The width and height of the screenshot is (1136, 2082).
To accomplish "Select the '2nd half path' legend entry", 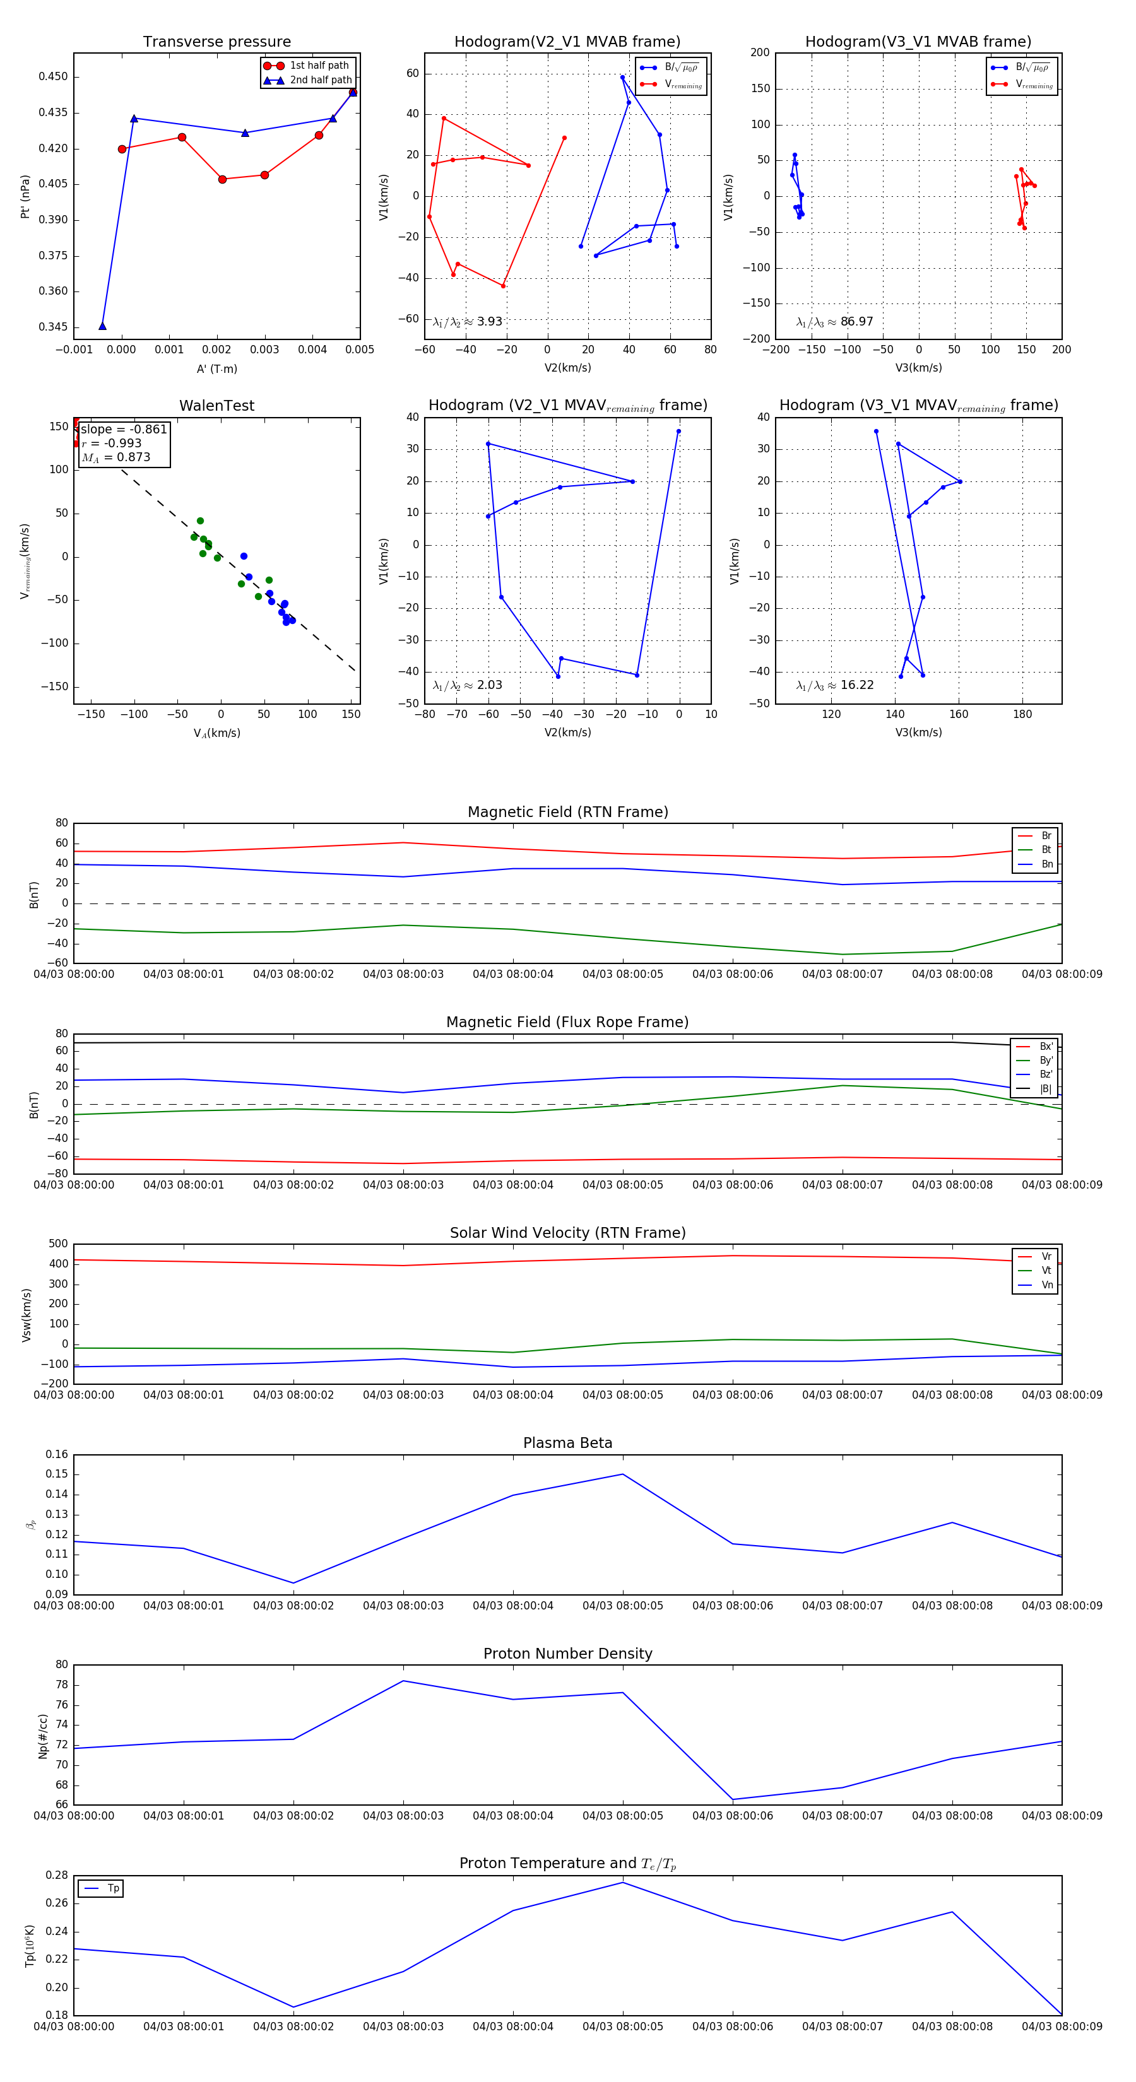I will click(x=320, y=80).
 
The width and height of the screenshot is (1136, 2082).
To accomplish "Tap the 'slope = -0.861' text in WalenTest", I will click(x=124, y=429).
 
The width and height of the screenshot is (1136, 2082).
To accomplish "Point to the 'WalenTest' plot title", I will click(x=216, y=406).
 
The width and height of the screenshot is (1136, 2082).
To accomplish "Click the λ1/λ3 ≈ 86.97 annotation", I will click(x=834, y=322).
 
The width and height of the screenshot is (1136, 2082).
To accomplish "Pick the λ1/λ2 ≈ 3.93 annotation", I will click(x=467, y=322).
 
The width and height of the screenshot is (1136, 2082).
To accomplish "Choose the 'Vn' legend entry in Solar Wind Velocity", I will click(x=1046, y=1285).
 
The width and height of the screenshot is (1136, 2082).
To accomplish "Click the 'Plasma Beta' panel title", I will click(x=567, y=1444).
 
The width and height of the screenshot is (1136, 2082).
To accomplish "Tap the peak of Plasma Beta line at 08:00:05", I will click(x=622, y=1474).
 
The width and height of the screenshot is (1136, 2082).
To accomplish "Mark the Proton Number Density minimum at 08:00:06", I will click(x=733, y=1800).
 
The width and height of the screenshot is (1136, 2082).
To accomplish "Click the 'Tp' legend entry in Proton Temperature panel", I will click(x=113, y=1889).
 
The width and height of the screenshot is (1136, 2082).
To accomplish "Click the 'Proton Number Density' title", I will click(x=567, y=1654).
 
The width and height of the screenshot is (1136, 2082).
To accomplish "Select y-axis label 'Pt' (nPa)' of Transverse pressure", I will click(x=26, y=196).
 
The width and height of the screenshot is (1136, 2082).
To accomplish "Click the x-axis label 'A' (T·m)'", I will click(x=216, y=368).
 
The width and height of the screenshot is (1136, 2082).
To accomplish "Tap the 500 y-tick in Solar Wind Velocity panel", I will click(x=58, y=1244).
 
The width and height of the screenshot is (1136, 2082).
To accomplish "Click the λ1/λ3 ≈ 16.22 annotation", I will click(x=834, y=685).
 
